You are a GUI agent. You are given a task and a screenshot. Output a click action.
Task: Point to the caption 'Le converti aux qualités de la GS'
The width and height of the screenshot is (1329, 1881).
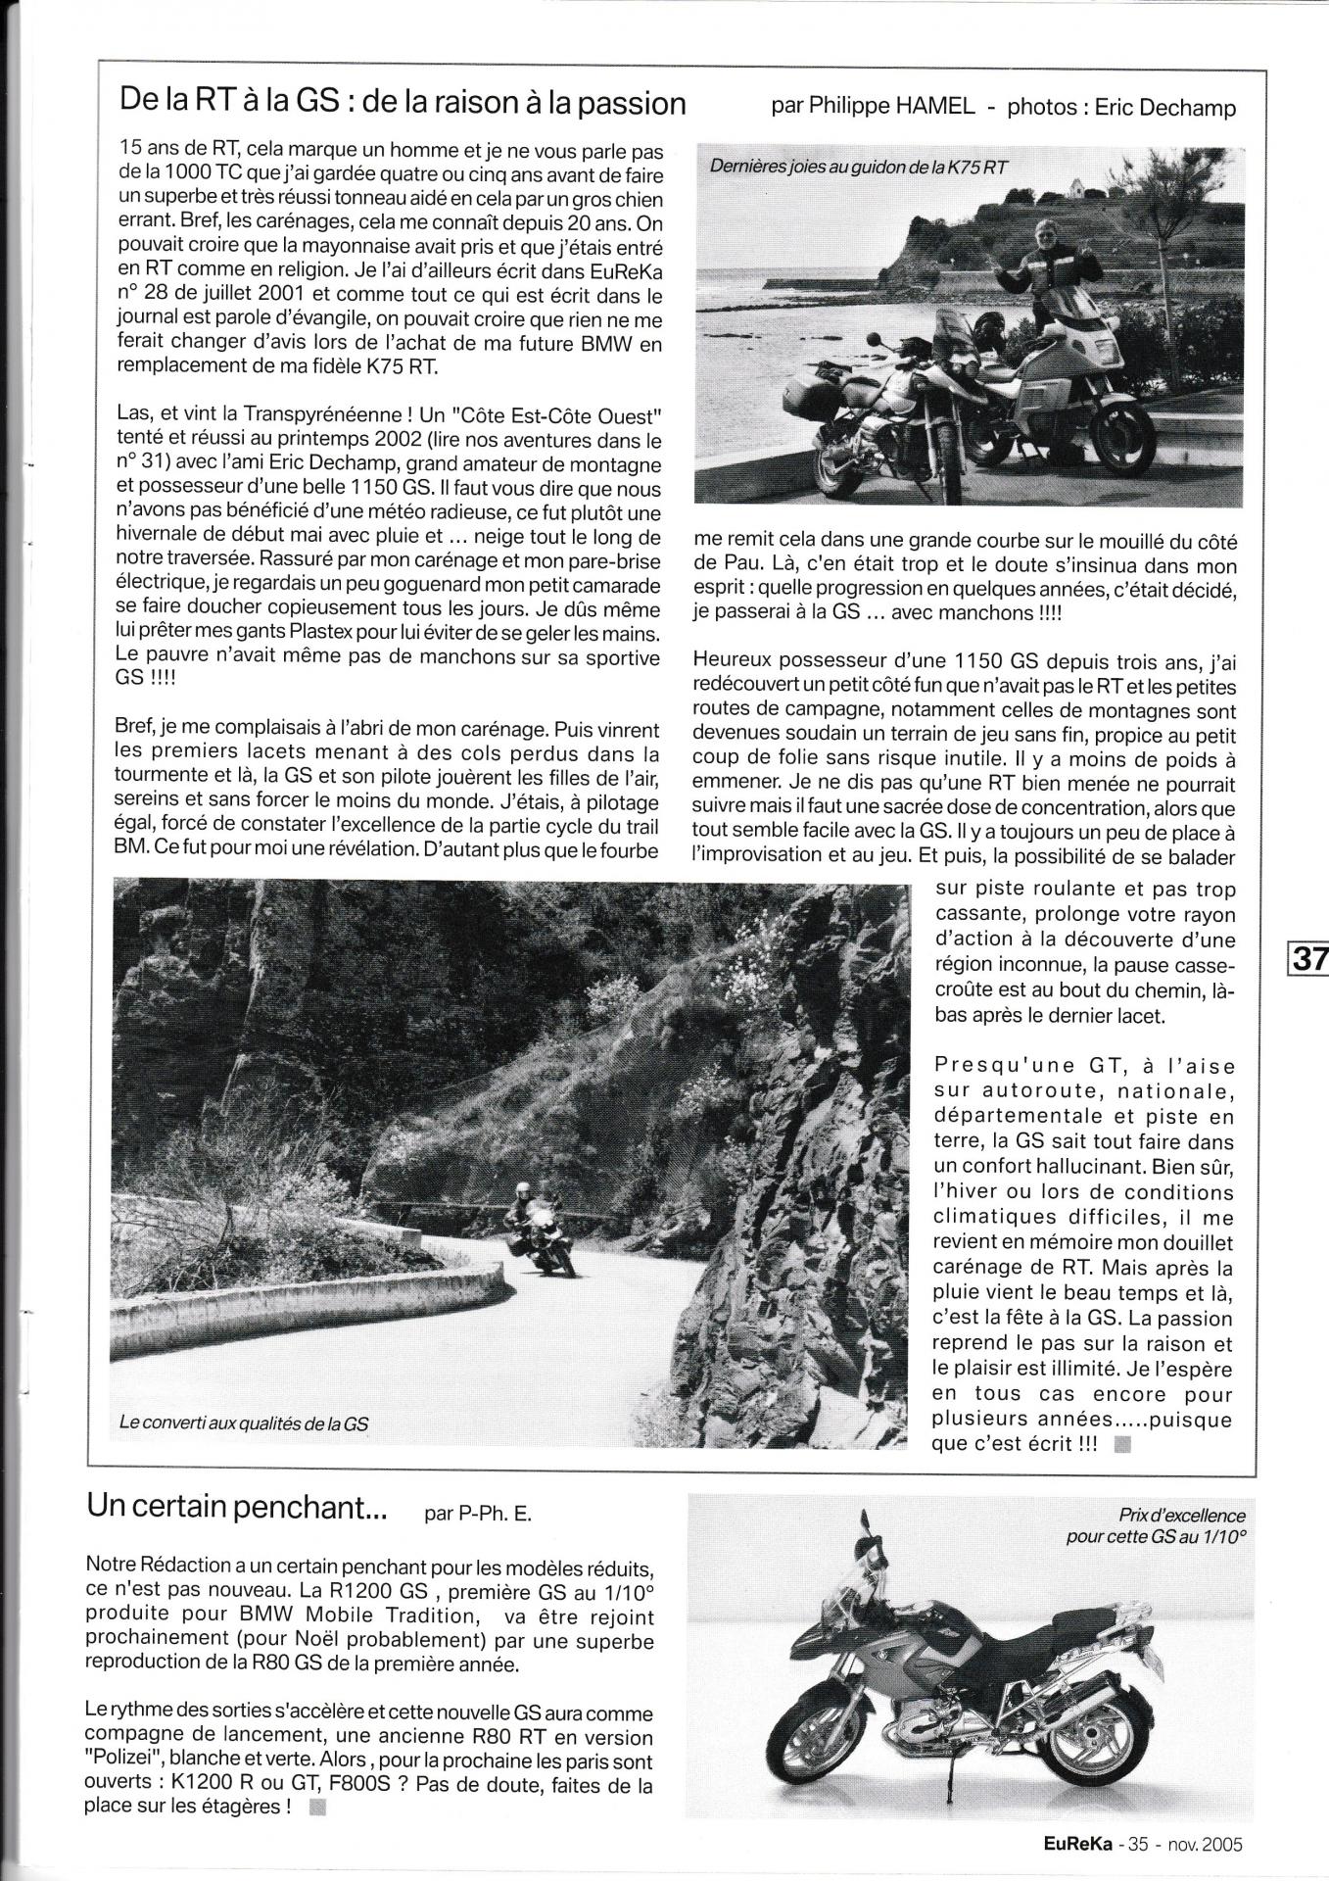click(244, 1423)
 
